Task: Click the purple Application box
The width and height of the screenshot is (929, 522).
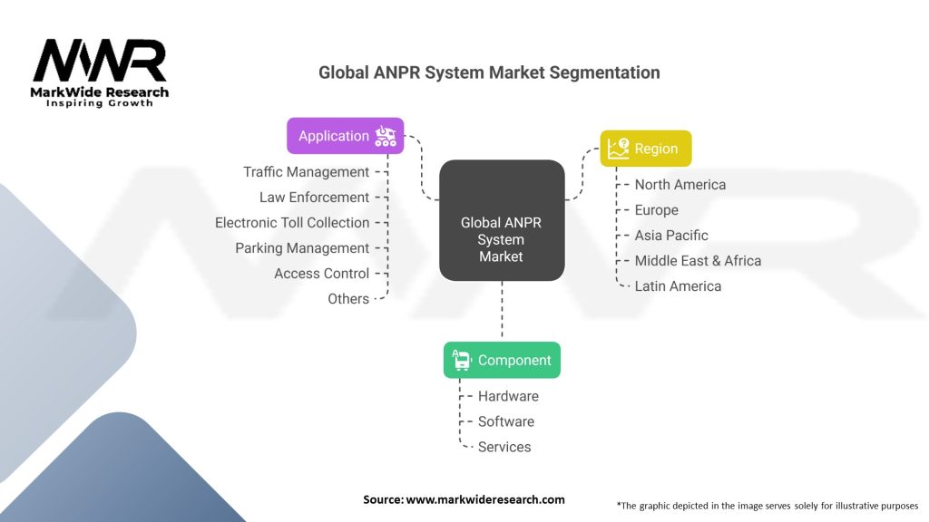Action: [x=346, y=136]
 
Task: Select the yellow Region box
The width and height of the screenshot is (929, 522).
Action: [x=646, y=149]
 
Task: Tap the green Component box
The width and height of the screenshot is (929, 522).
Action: [x=502, y=360]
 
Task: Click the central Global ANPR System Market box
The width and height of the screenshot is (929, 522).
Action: [x=502, y=220]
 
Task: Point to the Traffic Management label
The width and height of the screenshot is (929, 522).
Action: [x=306, y=172]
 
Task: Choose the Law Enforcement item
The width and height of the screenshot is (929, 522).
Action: [x=314, y=198]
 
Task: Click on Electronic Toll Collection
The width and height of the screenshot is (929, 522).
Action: [x=292, y=223]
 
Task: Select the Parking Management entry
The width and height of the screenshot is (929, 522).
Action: [x=302, y=248]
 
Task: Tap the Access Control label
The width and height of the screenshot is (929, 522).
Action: [x=321, y=274]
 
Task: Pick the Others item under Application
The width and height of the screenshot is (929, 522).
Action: [x=348, y=299]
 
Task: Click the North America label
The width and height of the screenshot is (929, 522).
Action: [x=680, y=185]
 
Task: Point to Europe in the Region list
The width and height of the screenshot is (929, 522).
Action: [x=656, y=210]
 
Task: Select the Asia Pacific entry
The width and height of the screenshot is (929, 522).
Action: [x=671, y=236]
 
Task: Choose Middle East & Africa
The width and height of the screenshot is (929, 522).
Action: [x=698, y=261]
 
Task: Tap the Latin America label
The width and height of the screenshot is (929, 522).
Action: [x=678, y=286]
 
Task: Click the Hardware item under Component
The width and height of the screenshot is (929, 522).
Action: [x=508, y=396]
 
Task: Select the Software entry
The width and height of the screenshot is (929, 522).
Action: [x=506, y=421]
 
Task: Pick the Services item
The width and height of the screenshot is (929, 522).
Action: [x=504, y=447]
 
